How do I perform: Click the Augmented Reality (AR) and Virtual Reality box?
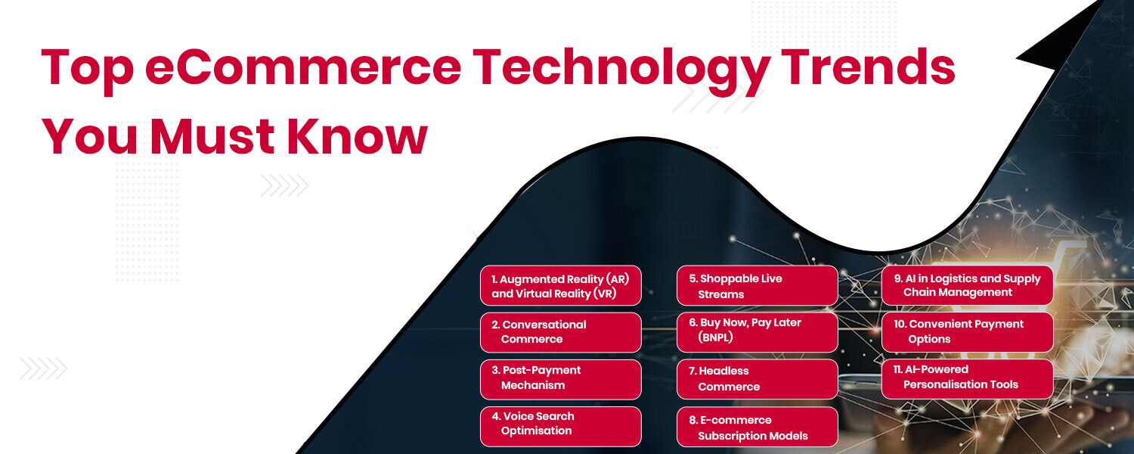coord(560,286)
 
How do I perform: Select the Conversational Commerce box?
coord(560,332)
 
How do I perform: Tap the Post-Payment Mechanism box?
coord(560,378)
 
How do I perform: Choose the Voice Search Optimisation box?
coord(560,424)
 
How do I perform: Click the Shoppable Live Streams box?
coord(757,286)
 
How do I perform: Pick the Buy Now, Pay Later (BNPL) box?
coord(757,331)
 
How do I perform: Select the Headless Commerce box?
coord(757,379)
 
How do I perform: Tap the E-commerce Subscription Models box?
coord(757,428)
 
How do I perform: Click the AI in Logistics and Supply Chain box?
coord(967,285)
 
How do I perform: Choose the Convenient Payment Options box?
coord(967,331)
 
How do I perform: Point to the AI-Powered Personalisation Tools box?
coord(967,378)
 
